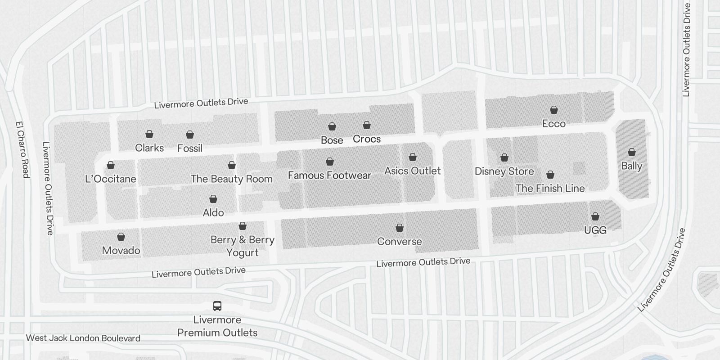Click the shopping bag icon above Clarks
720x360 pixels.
pos(149,134)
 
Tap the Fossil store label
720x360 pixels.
pos(189,148)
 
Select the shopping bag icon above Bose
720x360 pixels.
pos(332,126)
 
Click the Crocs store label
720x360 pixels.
pos(367,139)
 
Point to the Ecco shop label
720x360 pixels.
pos(553,124)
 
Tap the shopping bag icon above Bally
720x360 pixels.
pos(632,152)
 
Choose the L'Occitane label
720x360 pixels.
pos(111,179)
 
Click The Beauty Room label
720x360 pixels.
pos(231,179)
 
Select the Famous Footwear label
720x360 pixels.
pos(329,175)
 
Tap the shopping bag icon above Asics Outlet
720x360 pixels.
pos(413,157)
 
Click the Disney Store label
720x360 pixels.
pos(504,171)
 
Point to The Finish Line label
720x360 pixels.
pos(550,188)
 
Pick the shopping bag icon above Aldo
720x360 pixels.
pos(213,199)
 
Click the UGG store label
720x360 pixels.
pos(595,230)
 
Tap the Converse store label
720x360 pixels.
pos(399,241)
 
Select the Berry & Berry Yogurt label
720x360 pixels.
pos(242,246)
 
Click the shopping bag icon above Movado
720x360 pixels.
pos(121,237)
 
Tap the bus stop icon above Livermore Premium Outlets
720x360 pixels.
pos(217,306)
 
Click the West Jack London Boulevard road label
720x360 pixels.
pos(83,338)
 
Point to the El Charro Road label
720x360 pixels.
pos(22,149)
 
